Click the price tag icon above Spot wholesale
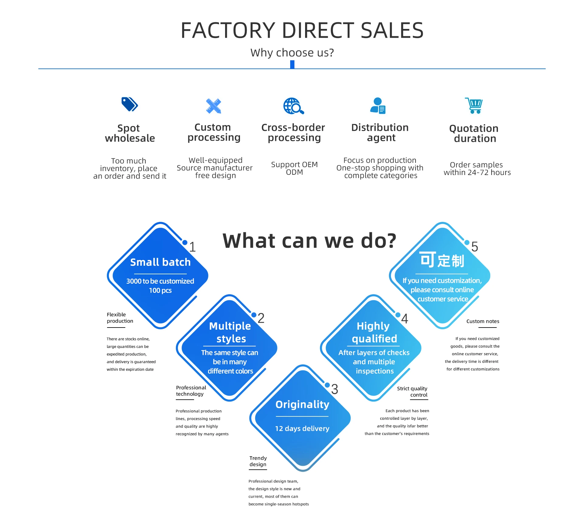tap(130, 104)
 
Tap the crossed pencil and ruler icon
tap(214, 106)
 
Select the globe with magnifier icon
tap(294, 106)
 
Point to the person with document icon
tap(378, 106)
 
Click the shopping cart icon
tap(474, 106)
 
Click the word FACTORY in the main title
tap(228, 30)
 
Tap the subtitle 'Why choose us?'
tap(292, 53)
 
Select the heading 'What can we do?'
tap(309, 241)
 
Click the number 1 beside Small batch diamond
tap(192, 247)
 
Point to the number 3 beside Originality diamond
tap(335, 389)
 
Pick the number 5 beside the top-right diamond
tap(474, 247)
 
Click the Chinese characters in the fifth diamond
tap(442, 261)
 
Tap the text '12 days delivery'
tap(302, 429)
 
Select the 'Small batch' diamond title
tap(160, 262)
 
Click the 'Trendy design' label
tap(258, 461)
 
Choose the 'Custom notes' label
tap(483, 321)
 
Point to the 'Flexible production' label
tap(120, 317)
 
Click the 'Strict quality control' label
tap(412, 392)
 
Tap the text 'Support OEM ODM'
tap(294, 168)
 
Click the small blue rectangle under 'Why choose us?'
tap(292, 64)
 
